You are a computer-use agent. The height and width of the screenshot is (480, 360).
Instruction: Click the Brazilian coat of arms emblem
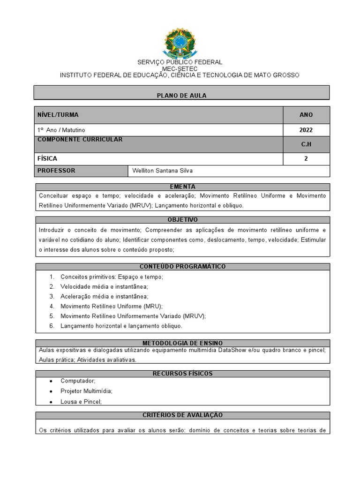tap(180, 43)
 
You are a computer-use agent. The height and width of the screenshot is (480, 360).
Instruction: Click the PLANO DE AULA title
tap(181, 96)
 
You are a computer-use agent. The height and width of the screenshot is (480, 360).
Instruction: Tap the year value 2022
tap(306, 130)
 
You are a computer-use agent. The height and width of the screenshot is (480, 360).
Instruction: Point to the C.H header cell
tap(306, 144)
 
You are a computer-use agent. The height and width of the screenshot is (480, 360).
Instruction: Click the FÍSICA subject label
tap(47, 159)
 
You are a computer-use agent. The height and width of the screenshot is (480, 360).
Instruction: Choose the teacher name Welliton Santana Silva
tap(163, 171)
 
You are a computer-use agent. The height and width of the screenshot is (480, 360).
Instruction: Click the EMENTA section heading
tap(182, 187)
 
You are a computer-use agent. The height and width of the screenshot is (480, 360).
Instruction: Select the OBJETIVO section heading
tap(182, 219)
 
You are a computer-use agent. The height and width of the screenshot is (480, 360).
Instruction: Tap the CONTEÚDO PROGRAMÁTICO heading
tap(182, 266)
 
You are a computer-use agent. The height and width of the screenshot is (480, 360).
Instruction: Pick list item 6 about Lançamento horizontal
tap(121, 326)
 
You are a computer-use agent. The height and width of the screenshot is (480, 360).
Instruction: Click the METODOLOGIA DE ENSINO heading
tap(182, 343)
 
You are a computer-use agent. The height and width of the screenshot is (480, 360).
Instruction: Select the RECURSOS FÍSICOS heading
tap(182, 374)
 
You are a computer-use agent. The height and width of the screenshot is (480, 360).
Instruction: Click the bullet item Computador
tap(78, 381)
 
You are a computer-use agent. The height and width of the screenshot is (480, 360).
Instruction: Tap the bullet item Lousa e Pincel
tap(81, 402)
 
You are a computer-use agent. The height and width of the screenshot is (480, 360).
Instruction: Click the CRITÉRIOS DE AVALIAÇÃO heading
tap(182, 415)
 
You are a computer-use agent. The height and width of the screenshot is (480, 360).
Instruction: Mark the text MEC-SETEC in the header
tap(180, 69)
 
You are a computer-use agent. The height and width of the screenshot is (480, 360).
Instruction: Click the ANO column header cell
tap(306, 115)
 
